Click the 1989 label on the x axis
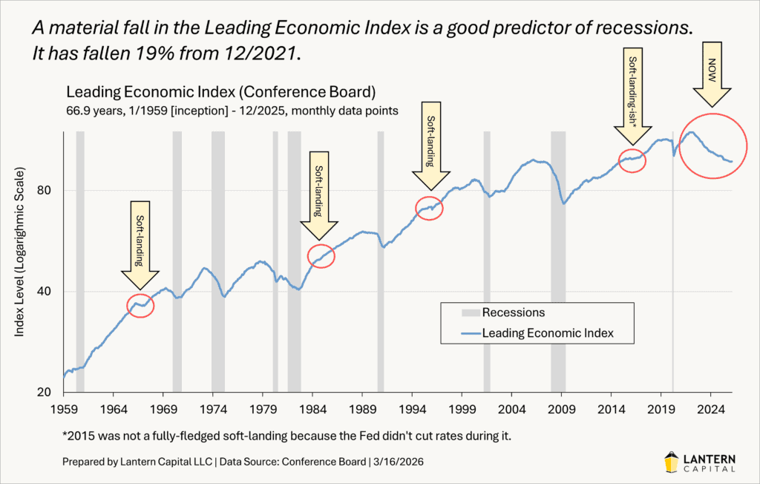(363, 409)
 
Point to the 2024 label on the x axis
(711, 409)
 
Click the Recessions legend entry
(513, 313)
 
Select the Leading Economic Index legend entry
(548, 333)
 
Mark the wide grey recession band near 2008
(558, 260)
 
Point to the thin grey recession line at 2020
(672, 260)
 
